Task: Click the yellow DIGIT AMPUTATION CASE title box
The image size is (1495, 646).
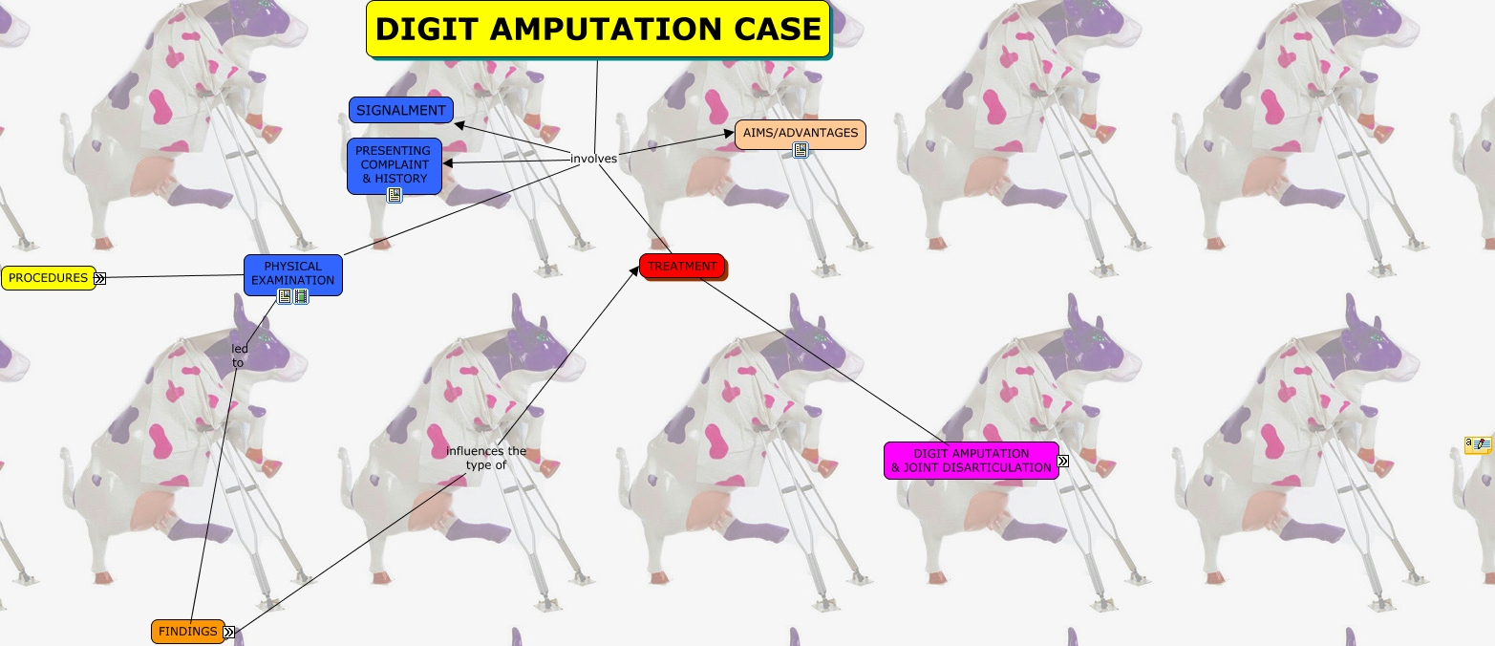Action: [x=598, y=29]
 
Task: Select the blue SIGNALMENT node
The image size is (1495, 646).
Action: [x=400, y=110]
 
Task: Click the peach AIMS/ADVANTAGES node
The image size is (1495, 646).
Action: [x=800, y=133]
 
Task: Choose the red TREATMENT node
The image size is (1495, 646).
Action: [x=682, y=266]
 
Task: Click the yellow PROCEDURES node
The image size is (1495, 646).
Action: [x=48, y=278]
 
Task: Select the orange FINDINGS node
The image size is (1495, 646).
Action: [x=187, y=631]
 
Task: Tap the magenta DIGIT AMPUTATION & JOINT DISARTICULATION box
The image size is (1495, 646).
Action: [x=971, y=460]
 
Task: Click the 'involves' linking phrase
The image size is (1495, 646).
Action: [x=593, y=159]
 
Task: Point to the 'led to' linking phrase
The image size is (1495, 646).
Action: [x=239, y=355]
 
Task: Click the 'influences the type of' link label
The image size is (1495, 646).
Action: [x=485, y=458]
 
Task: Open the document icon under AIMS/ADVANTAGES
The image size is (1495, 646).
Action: [x=801, y=150]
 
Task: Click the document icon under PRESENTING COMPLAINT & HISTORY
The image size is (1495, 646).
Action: [x=394, y=195]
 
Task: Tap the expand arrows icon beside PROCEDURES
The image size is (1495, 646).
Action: [x=99, y=278]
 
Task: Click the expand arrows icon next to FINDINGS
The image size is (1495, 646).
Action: [x=229, y=632]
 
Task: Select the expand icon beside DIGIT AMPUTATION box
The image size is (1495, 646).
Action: [x=1062, y=461]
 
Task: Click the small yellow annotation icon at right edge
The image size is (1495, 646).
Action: [x=1478, y=444]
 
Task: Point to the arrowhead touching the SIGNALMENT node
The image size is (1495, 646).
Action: [x=459, y=123]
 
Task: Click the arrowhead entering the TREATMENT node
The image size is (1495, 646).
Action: [x=634, y=271]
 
